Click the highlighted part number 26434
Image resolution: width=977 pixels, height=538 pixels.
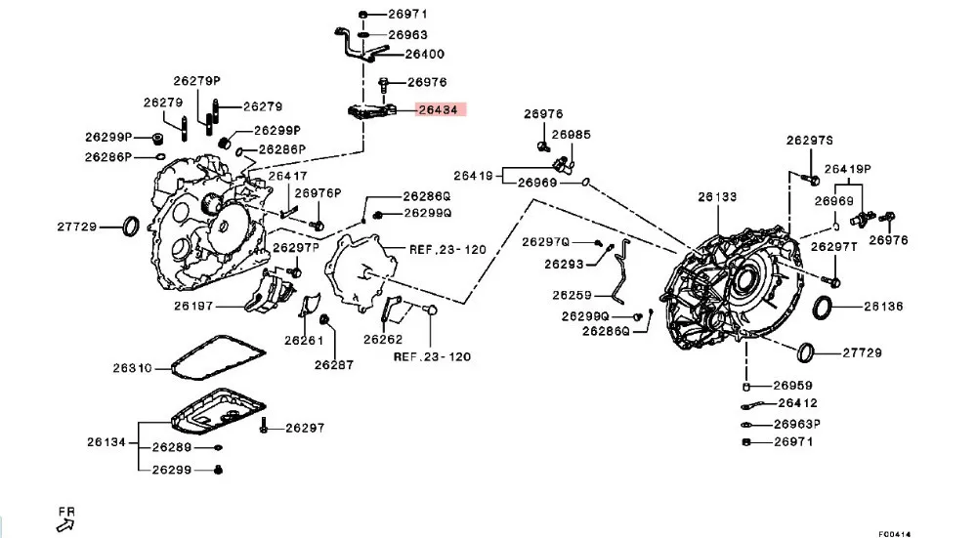tap(439, 110)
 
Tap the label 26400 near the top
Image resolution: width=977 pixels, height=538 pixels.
tap(425, 54)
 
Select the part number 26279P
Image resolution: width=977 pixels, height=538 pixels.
tap(197, 81)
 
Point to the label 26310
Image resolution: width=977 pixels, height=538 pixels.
tap(133, 368)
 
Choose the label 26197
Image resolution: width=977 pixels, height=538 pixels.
tap(193, 306)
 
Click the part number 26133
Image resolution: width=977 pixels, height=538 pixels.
tap(717, 197)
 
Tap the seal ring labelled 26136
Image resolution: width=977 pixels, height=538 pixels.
tap(823, 308)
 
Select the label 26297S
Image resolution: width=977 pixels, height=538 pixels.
tap(809, 141)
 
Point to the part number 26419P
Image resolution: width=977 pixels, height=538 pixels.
tap(847, 169)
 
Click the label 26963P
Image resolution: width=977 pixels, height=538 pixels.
tap(797, 424)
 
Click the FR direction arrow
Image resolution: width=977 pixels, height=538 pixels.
tap(64, 526)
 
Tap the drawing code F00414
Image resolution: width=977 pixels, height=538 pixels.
tap(895, 534)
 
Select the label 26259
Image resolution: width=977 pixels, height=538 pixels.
tap(572, 295)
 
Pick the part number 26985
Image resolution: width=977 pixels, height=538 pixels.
tap(572, 135)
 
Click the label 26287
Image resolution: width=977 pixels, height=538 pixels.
tap(334, 365)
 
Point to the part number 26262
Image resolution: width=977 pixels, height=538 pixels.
tap(383, 340)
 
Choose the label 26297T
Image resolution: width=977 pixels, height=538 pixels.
tap(834, 247)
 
